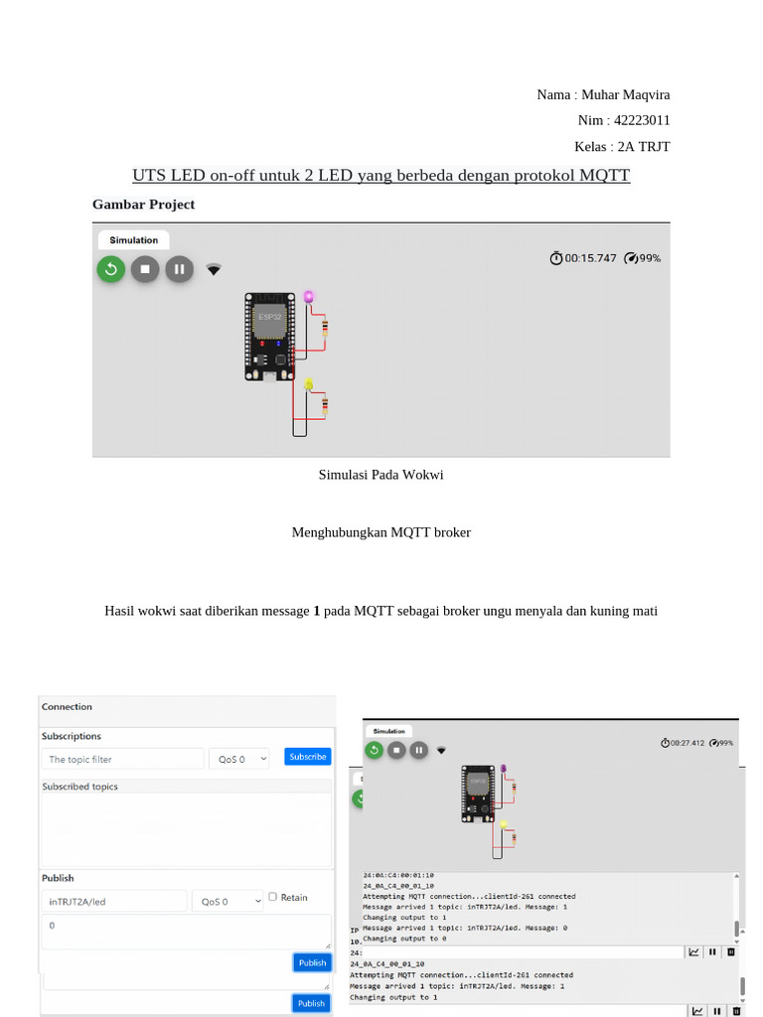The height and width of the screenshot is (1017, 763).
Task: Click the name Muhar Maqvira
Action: point(625,94)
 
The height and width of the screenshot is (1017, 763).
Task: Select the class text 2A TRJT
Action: point(643,146)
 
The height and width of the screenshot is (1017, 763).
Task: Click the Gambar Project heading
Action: point(143,204)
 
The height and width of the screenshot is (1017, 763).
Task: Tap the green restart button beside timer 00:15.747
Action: point(110,268)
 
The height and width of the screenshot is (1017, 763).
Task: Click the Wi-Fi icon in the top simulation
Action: point(214,269)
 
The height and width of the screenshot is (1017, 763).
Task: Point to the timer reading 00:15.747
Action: point(590,258)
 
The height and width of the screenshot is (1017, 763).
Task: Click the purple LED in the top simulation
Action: point(309,297)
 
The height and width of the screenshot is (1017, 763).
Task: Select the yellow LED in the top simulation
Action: point(309,384)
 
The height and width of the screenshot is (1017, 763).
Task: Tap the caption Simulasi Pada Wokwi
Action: point(381,475)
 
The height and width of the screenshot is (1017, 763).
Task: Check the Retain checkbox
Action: point(273,897)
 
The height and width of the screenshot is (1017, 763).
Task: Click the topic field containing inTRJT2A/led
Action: point(114,901)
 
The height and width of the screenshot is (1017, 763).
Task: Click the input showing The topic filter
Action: point(122,759)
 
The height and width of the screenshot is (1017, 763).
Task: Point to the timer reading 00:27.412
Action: point(687,742)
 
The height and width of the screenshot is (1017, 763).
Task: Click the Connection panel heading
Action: point(67,707)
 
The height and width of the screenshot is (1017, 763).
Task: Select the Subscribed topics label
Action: point(79,787)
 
